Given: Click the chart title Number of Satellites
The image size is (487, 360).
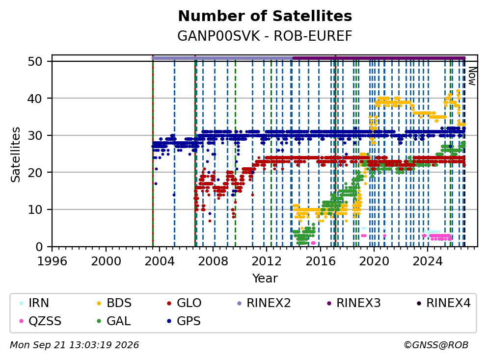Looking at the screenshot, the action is pyautogui.click(x=265, y=16).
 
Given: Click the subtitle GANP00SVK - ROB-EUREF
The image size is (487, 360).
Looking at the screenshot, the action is pyautogui.click(x=265, y=36).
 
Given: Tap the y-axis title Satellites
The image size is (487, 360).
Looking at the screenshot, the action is pyautogui.click(x=15, y=154).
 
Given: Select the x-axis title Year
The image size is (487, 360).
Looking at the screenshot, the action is pyautogui.click(x=265, y=279).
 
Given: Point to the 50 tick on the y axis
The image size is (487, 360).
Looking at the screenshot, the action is pyautogui.click(x=35, y=61).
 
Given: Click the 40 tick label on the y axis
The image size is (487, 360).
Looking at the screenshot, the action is pyautogui.click(x=35, y=99).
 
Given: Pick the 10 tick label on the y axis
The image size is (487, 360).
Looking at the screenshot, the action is pyautogui.click(x=35, y=210).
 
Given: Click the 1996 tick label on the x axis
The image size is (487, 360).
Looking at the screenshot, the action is pyautogui.click(x=52, y=261).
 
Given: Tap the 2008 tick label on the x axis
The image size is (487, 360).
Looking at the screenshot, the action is pyautogui.click(x=213, y=261).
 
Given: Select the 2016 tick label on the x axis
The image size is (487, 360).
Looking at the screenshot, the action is pyautogui.click(x=320, y=261).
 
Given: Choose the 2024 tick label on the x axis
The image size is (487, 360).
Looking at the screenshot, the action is pyautogui.click(x=428, y=261).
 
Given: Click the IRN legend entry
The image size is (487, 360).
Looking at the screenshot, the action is pyautogui.click(x=34, y=303).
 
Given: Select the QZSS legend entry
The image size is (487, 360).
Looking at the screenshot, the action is pyautogui.click(x=40, y=321).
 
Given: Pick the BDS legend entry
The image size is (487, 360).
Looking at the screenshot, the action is pyautogui.click(x=114, y=303).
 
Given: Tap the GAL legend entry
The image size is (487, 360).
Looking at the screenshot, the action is pyautogui.click(x=114, y=321).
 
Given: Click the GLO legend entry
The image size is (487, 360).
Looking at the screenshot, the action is pyautogui.click(x=184, y=303).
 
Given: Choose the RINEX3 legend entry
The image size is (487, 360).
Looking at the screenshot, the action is pyautogui.click(x=354, y=303).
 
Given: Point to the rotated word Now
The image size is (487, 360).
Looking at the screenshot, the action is pyautogui.click(x=472, y=76).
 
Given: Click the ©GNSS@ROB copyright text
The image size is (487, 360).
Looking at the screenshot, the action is pyautogui.click(x=436, y=345).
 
